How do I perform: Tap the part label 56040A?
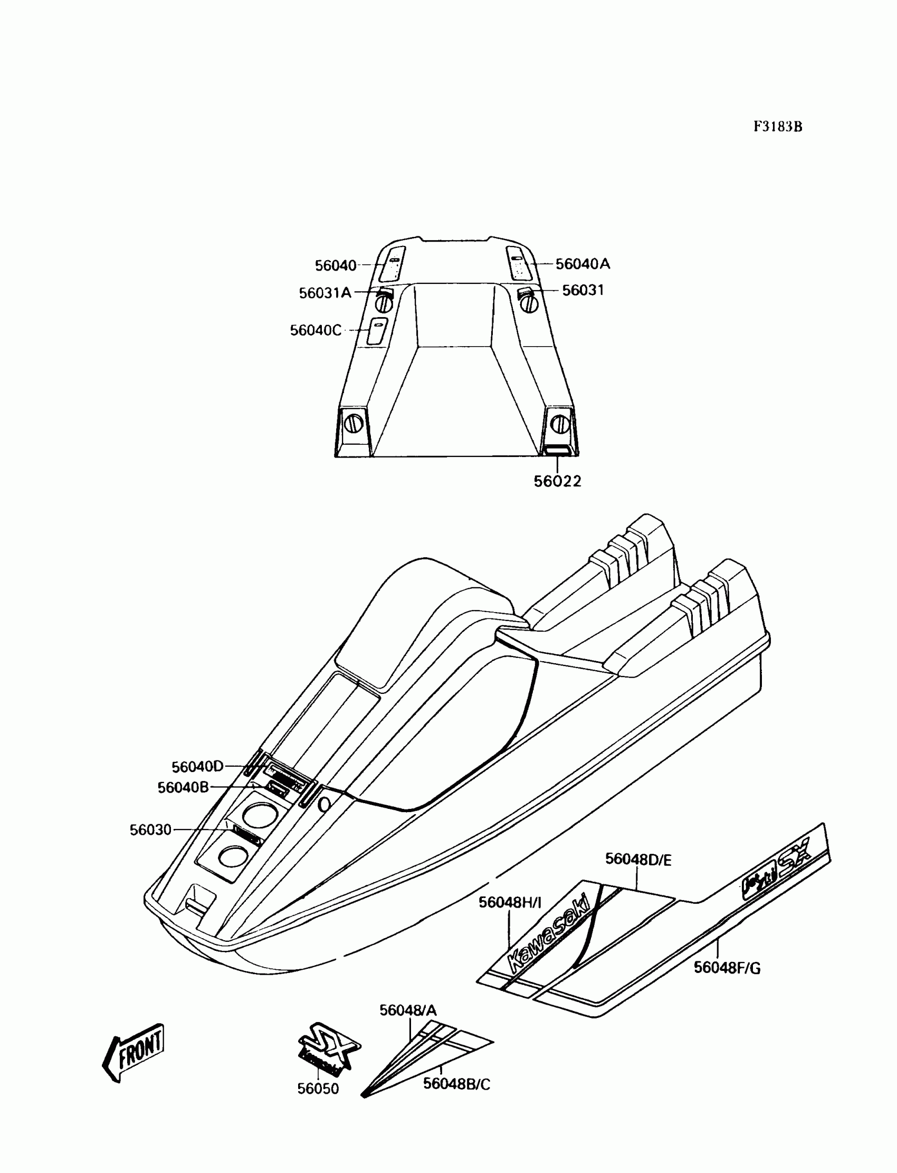click(x=583, y=264)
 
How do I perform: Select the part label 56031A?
click(x=325, y=292)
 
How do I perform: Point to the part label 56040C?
click(x=315, y=330)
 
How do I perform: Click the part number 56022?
click(x=557, y=481)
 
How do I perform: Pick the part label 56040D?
click(x=197, y=767)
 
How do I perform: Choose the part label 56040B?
click(x=183, y=787)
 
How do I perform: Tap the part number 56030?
click(x=150, y=829)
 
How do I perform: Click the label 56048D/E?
click(x=638, y=860)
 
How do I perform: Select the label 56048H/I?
click(x=510, y=902)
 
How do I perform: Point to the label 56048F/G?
click(x=727, y=967)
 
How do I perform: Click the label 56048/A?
click(x=408, y=1010)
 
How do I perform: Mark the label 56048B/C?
click(x=456, y=1084)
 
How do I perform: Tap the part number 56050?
click(x=318, y=1089)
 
